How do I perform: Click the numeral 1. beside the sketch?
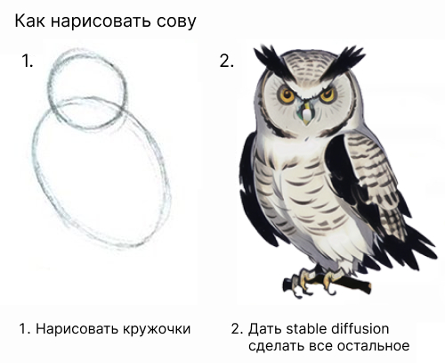(27, 61)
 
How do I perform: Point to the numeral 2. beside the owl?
(227, 61)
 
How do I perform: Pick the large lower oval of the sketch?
(34, 154)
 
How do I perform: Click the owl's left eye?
(287, 95)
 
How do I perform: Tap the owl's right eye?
(328, 95)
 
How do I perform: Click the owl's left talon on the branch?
(301, 281)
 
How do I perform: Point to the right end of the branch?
(369, 288)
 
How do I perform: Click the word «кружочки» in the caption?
(156, 329)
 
